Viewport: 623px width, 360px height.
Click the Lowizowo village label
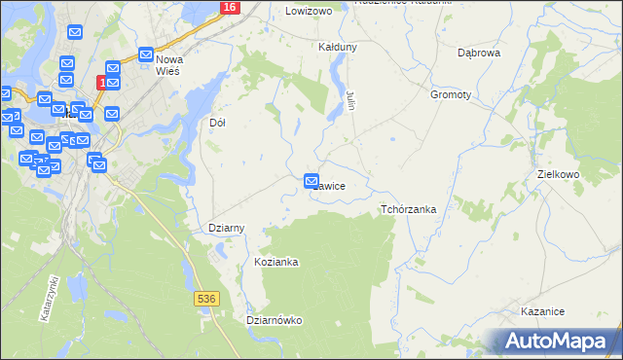point(310,11)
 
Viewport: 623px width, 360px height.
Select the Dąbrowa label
point(479,53)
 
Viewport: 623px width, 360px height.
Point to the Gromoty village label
point(451,95)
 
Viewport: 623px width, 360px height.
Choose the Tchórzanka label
point(408,209)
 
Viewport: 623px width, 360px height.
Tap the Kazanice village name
point(543,311)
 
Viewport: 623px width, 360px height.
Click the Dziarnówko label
point(275,320)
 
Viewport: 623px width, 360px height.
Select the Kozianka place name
point(275,263)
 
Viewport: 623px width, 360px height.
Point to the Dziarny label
point(227,228)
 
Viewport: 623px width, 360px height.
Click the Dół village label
point(218,124)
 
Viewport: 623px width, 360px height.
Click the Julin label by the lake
point(349,98)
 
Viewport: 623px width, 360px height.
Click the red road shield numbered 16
point(229,7)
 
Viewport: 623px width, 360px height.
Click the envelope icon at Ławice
point(311,181)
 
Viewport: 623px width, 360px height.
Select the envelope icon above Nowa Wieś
point(146,55)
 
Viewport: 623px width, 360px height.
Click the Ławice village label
point(331,184)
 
